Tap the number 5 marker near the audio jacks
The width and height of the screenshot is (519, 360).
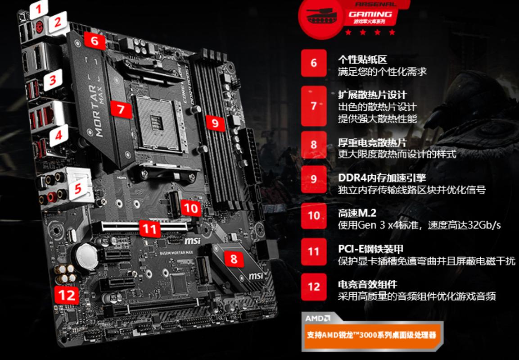pyautogui.click(x=78, y=188)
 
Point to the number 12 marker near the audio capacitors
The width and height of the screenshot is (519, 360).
pyautogui.click(x=66, y=296)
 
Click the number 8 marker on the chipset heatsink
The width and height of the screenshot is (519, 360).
pyautogui.click(x=233, y=259)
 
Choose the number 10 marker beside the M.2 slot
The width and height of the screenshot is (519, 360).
pyautogui.click(x=191, y=208)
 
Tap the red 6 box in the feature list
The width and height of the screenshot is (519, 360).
pyautogui.click(x=314, y=63)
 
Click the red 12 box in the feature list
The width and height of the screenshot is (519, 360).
pyautogui.click(x=314, y=287)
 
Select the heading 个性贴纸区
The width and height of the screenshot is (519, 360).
pyautogui.click(x=362, y=60)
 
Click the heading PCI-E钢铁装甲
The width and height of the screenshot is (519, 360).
pyautogui.click(x=370, y=249)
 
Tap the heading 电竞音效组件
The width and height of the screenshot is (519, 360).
pyautogui.click(x=367, y=285)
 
